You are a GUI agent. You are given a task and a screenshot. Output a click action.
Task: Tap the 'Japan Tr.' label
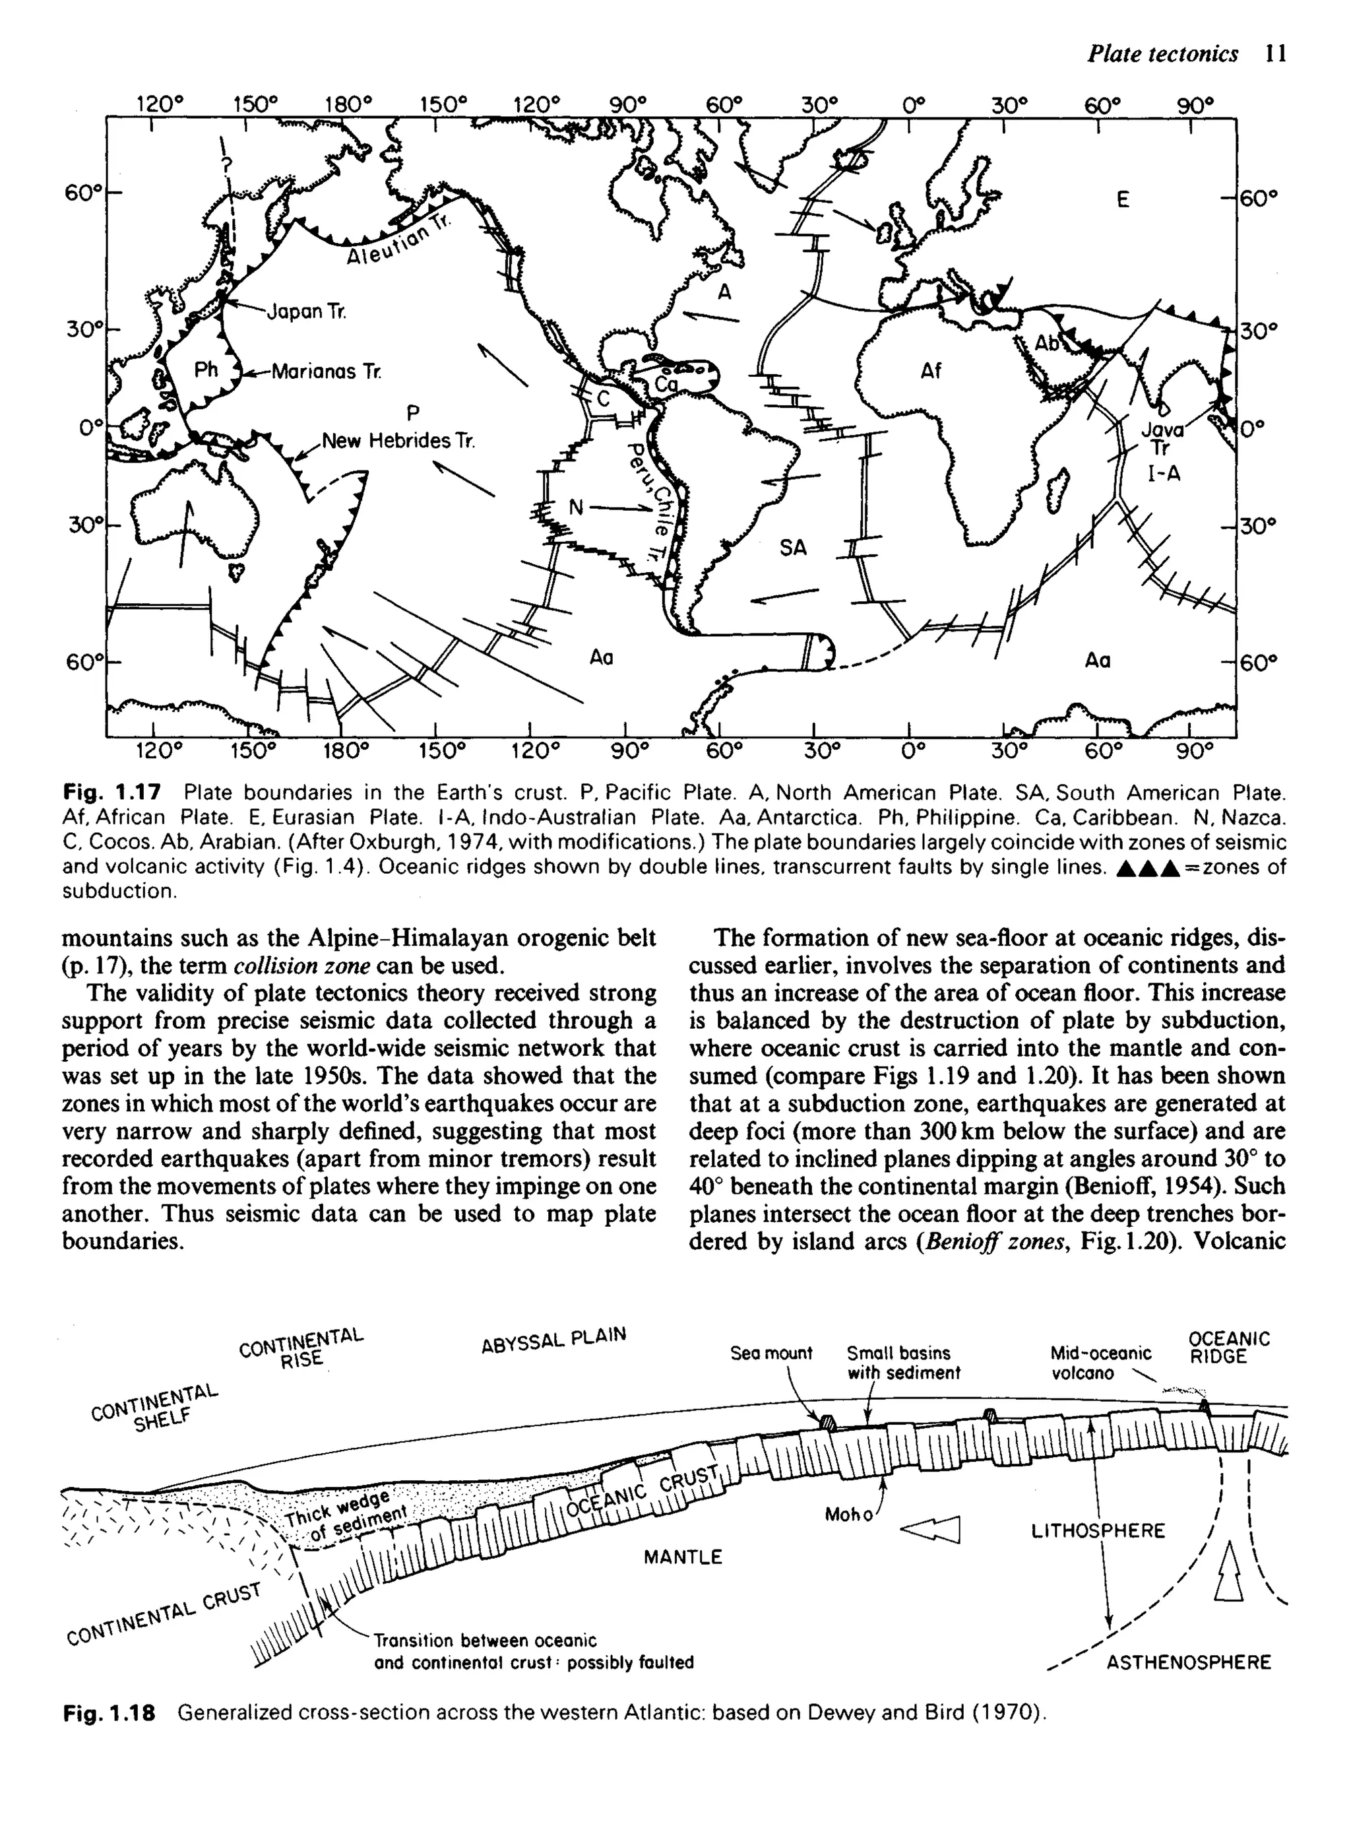point(307,311)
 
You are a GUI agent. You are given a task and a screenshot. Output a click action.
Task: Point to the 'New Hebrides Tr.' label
point(397,441)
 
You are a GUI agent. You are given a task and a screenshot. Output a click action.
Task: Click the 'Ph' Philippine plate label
point(206,370)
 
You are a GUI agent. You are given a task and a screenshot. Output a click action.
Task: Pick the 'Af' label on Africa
point(931,372)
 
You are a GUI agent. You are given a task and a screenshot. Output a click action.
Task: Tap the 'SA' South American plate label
point(792,547)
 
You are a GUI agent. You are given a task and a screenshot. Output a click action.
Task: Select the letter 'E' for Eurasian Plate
point(1123,199)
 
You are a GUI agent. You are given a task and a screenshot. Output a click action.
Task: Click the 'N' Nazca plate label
point(576,508)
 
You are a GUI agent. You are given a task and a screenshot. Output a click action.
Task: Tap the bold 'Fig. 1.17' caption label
point(112,793)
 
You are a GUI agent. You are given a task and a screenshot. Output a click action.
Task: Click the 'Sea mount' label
point(771,1354)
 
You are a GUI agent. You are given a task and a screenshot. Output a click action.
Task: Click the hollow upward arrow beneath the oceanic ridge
point(1229,1571)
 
